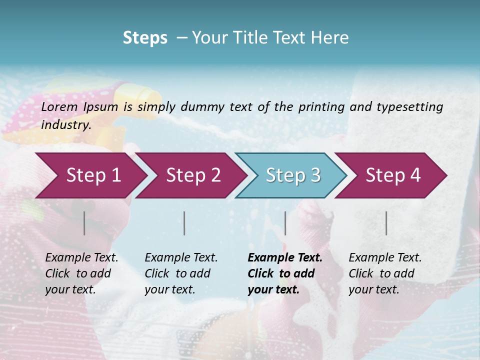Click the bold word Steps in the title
click(145, 38)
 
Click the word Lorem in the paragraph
click(59, 106)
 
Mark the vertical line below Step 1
click(84, 223)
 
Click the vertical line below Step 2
click(184, 223)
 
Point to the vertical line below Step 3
click(285, 223)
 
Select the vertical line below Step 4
click(386, 223)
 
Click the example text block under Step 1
click(81, 273)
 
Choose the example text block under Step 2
click(181, 273)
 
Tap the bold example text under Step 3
click(284, 273)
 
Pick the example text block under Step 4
click(385, 273)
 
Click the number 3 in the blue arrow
click(314, 175)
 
